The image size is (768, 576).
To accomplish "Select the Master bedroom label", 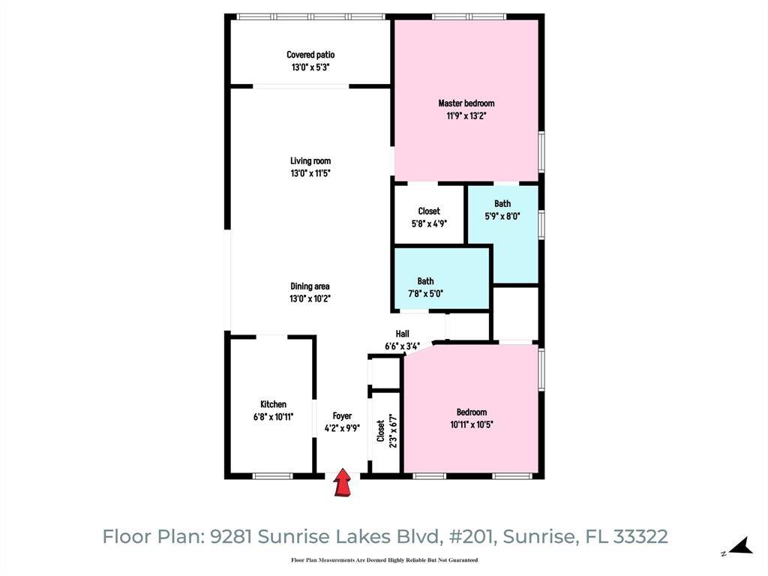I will (x=466, y=103).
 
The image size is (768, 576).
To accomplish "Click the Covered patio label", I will (x=310, y=55).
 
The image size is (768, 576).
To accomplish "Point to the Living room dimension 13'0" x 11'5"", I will (x=310, y=173).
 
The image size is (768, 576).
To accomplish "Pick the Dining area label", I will (x=310, y=286).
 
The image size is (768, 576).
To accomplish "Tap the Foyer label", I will (x=342, y=416).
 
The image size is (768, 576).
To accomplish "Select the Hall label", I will (x=403, y=334).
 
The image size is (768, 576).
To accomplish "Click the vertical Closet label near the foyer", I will (x=381, y=431).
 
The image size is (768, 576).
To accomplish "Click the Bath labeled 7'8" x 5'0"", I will (x=425, y=287).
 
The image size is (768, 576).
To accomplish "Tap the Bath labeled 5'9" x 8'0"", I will (x=502, y=209).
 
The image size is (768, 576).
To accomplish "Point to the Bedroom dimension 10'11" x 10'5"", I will (x=472, y=424).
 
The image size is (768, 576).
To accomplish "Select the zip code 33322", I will (x=640, y=537).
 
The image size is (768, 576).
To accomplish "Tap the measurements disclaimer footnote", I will (x=384, y=560).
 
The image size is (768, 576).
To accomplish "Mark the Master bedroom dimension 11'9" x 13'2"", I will (x=466, y=116).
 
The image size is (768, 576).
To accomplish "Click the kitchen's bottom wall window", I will (x=272, y=475).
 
